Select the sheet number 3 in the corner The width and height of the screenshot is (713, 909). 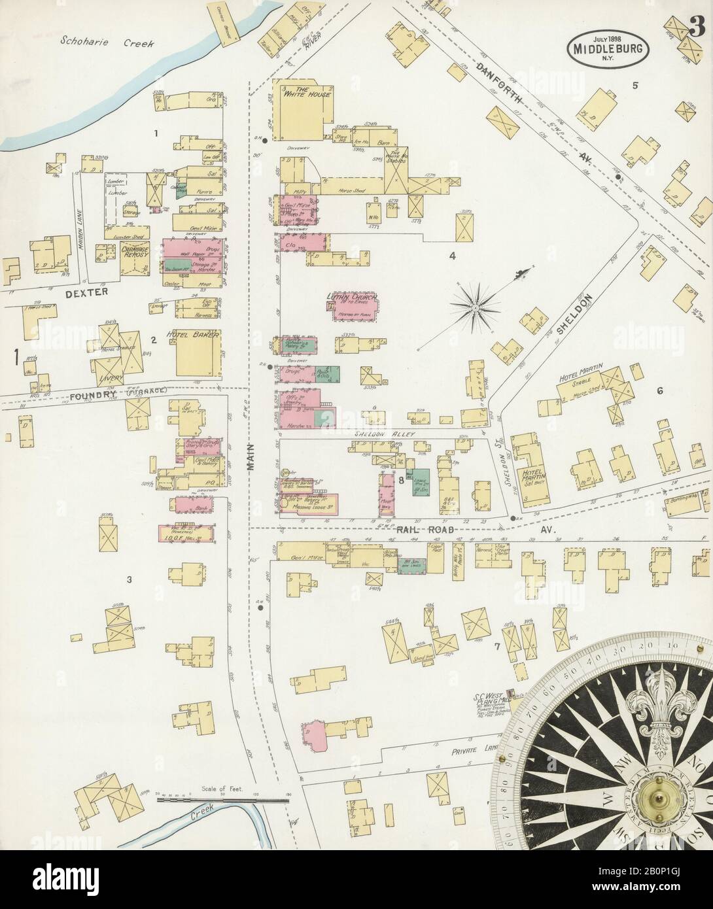pos(697,13)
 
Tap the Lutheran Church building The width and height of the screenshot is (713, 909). pos(351,307)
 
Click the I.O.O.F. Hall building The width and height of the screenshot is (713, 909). pos(187,533)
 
